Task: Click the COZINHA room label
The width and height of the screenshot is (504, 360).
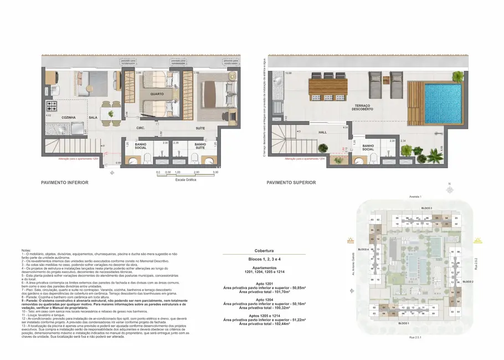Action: pos(68,117)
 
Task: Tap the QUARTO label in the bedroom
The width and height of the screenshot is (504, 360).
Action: pos(157,94)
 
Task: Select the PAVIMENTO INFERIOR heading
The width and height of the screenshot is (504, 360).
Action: pos(64,182)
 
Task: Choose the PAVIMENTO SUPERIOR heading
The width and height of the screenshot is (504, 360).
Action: pos(291,182)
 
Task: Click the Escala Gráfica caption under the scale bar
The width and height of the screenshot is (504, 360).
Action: pos(185,179)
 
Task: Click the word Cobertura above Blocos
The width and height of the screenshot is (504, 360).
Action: pos(263,250)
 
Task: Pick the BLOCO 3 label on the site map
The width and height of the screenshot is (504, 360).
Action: pos(426,207)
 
